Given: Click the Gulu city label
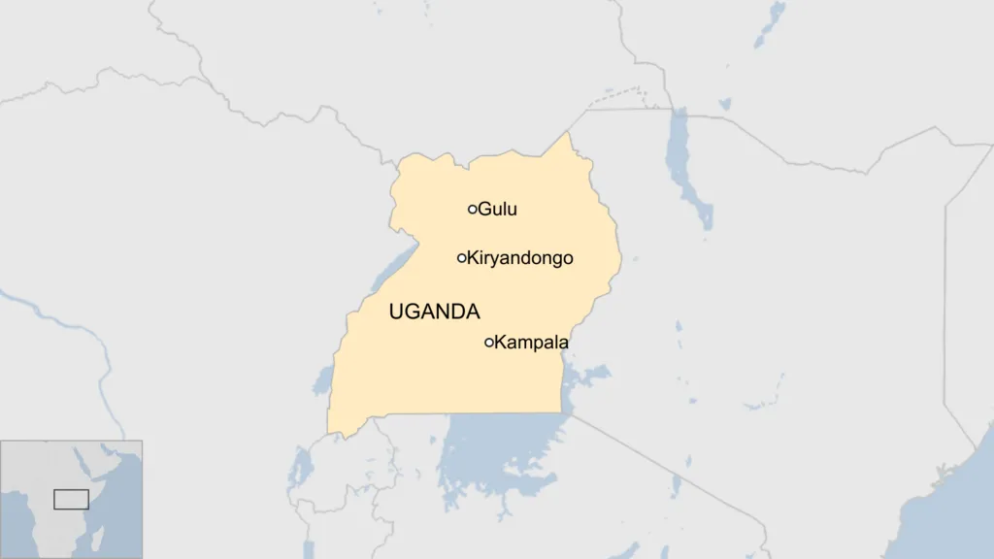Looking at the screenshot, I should tap(497, 209).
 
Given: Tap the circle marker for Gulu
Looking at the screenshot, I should tap(473, 209).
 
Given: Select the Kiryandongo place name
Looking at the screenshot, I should tap(520, 258).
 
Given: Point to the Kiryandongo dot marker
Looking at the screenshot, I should tap(462, 258).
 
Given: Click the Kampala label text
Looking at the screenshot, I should tap(531, 343).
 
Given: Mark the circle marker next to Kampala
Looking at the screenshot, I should tap(489, 342).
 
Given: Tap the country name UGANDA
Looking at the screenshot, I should tap(434, 312).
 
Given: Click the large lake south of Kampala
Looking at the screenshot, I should tap(495, 451).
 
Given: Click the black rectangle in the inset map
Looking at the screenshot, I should tap(71, 499).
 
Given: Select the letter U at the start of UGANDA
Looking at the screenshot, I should tap(395, 312).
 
